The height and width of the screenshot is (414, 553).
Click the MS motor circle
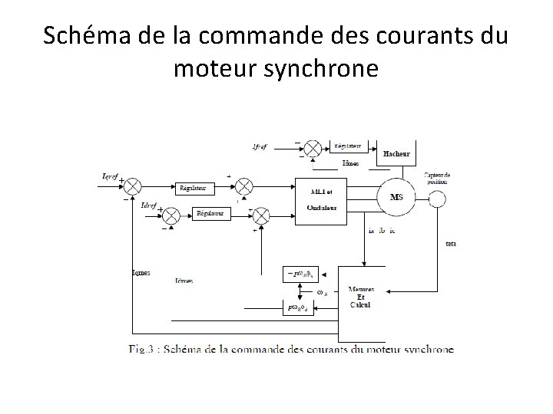pos(396,198)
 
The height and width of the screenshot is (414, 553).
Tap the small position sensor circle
pos(437,199)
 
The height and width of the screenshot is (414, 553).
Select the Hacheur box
pos(396,153)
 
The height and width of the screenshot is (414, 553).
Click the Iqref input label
pos(111,176)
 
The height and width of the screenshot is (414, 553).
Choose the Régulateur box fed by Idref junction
pos(210,214)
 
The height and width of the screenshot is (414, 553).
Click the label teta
pos(450,244)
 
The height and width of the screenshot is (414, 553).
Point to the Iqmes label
pos(141,272)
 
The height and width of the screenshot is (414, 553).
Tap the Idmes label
pos(184,281)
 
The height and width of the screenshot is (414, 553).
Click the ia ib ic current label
pos(382,230)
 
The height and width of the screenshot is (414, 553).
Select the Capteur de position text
pos(438,179)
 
